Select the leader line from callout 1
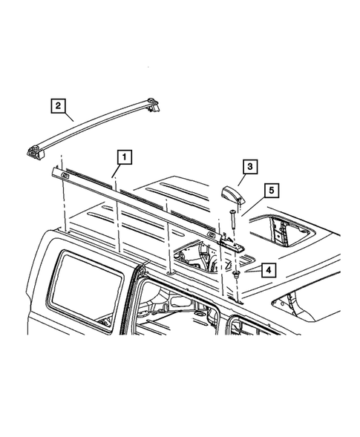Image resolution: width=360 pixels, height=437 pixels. click(117, 170)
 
